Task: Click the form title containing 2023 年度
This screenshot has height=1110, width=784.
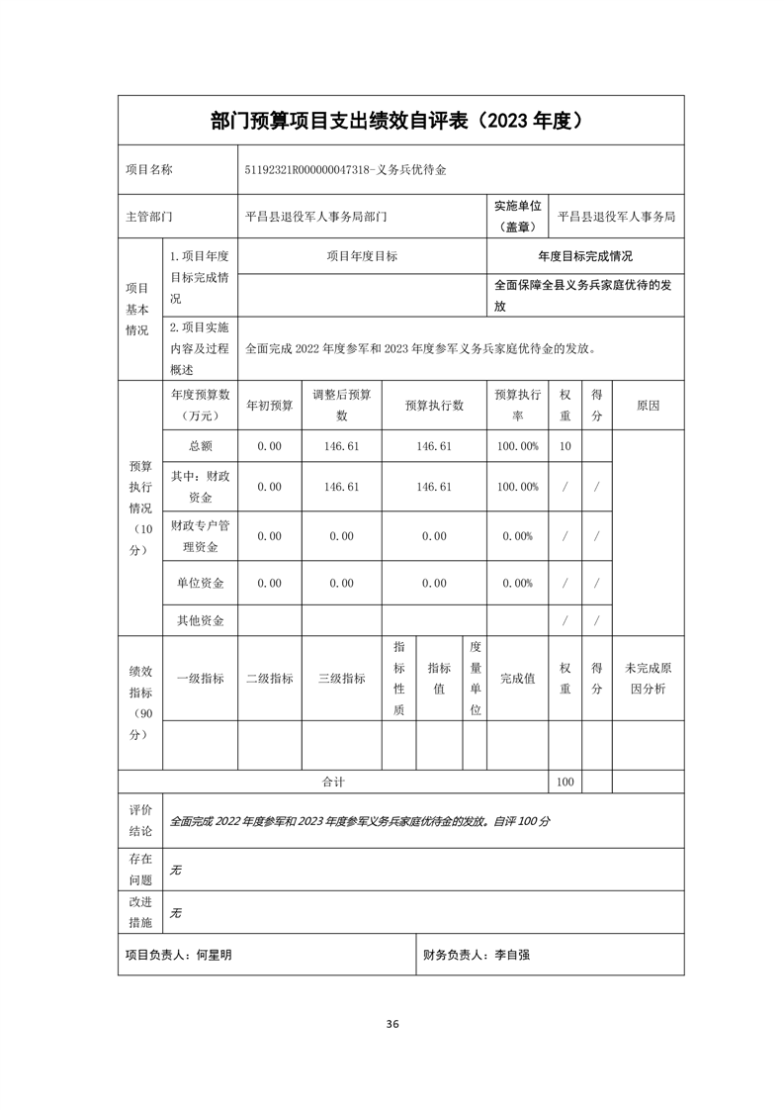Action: tap(400, 121)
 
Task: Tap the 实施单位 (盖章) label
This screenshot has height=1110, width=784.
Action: tap(518, 216)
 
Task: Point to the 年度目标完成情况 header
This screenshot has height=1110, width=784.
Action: tap(585, 256)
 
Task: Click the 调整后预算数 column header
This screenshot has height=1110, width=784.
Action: tap(341, 405)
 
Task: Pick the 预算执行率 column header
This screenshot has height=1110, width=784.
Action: tap(518, 405)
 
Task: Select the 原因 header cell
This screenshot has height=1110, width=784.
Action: tap(648, 406)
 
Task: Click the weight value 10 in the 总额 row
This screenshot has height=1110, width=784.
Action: tap(565, 446)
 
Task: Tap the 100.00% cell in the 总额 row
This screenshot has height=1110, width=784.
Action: tap(518, 446)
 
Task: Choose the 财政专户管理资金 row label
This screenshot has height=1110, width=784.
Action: tap(200, 535)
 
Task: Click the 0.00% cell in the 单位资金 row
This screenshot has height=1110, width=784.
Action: tap(518, 584)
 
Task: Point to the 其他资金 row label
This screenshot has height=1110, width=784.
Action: tap(200, 621)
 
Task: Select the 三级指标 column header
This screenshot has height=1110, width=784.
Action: tap(341, 679)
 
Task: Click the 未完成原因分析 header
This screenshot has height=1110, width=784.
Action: tap(648, 679)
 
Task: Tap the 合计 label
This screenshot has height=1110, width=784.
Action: tap(333, 782)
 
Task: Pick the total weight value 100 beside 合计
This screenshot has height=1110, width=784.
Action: tap(565, 782)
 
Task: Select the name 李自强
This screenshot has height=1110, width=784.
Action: tap(513, 955)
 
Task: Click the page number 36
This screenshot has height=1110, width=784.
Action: tap(392, 1024)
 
